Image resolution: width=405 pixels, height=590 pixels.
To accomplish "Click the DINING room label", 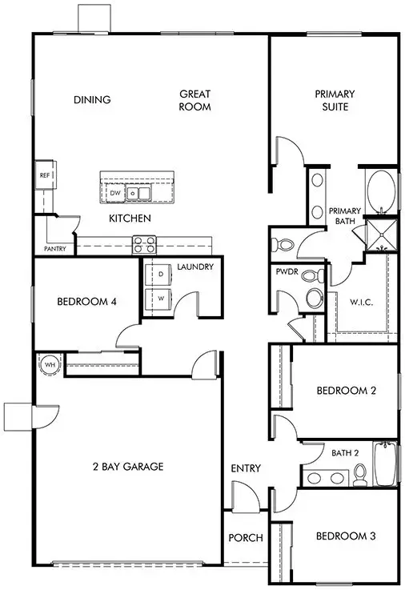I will pyautogui.click(x=92, y=100).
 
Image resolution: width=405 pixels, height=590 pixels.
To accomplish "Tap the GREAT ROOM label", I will pyautogui.click(x=194, y=99).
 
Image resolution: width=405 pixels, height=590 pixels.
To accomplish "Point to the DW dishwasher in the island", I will pyautogui.click(x=115, y=193).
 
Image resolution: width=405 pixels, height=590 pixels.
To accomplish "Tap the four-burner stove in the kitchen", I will pyautogui.click(x=143, y=242).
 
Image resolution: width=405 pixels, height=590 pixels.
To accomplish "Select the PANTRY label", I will pyautogui.click(x=55, y=249).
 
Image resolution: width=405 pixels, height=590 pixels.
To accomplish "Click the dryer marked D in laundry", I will pyautogui.click(x=160, y=275).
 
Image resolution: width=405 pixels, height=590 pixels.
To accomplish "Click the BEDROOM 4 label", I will pyautogui.click(x=87, y=302).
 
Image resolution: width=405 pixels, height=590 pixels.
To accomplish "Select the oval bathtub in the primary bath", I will pyautogui.click(x=381, y=192).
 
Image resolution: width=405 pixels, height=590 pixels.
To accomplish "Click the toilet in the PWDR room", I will pyautogui.click(x=313, y=299).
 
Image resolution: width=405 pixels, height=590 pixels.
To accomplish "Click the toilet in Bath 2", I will pyautogui.click(x=359, y=476).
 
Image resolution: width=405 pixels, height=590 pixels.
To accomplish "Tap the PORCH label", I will pyautogui.click(x=246, y=538).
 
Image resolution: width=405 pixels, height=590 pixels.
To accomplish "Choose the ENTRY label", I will pyautogui.click(x=245, y=468).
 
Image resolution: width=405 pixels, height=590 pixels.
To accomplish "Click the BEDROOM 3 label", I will pyautogui.click(x=346, y=536).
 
